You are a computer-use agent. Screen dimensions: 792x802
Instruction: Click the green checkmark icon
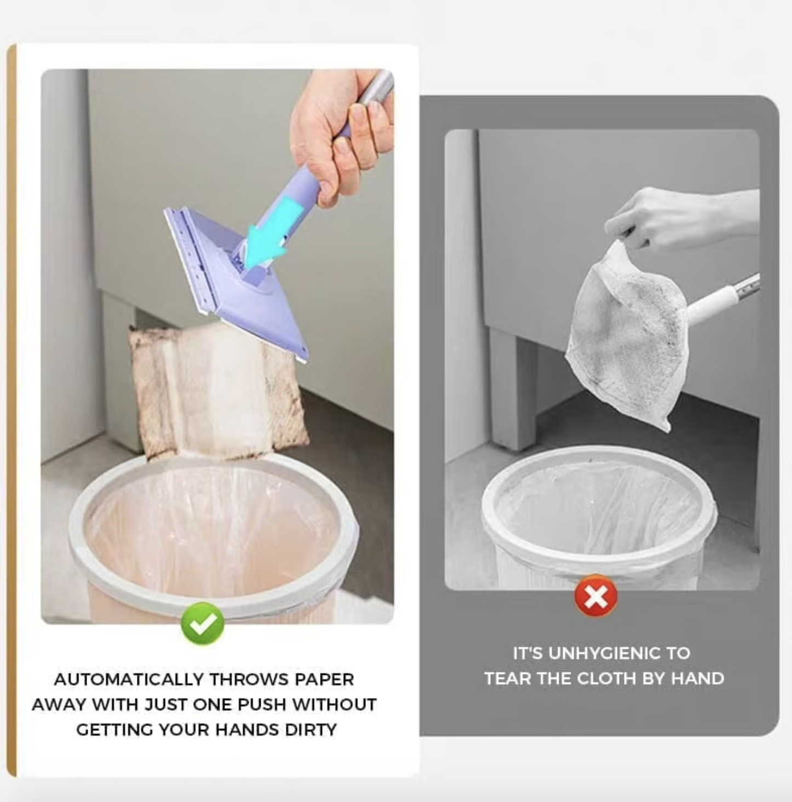coord(203,623)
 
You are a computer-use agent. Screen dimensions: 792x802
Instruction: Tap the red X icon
coord(595,597)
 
